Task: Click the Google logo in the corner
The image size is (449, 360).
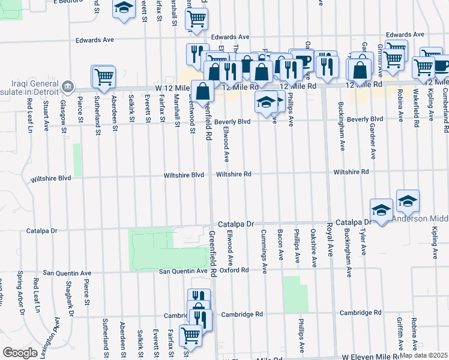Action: coord(20,353)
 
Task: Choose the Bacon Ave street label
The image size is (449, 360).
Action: coord(280,244)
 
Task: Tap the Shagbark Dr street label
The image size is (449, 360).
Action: coord(69,296)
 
